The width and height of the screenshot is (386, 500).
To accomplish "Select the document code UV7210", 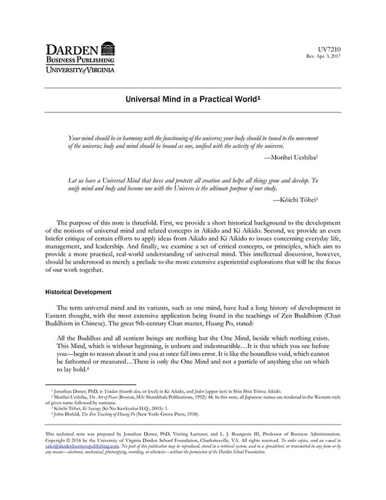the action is (360, 49).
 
